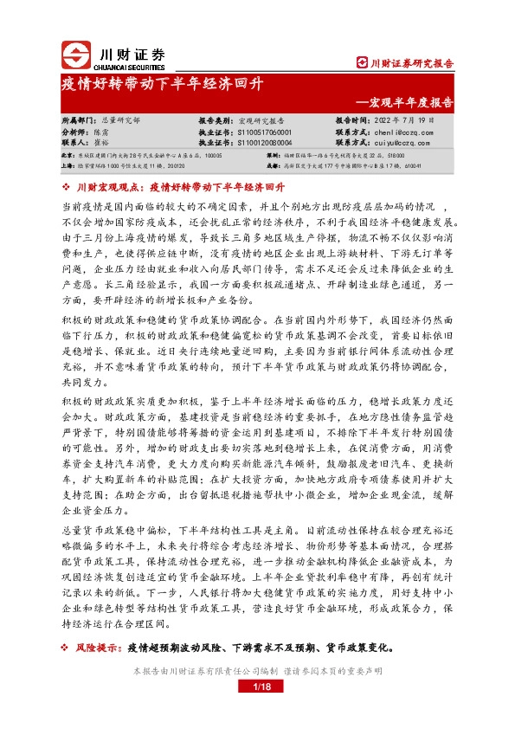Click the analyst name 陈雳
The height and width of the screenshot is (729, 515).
tap(99, 132)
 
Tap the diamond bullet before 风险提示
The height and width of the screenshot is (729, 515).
tap(68, 647)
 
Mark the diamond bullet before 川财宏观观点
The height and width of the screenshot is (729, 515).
tap(68, 187)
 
